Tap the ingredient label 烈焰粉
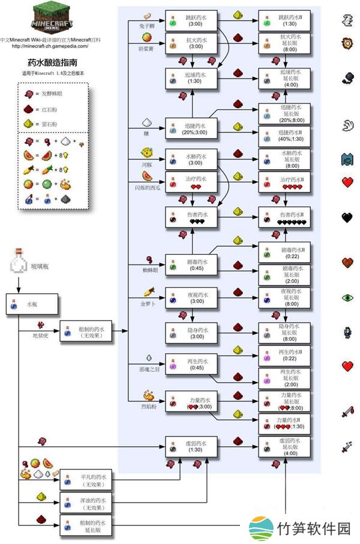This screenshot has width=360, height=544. [x=149, y=406]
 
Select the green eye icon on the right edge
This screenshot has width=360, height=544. [x=348, y=297]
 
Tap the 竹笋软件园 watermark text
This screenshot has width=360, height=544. [x=314, y=528]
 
